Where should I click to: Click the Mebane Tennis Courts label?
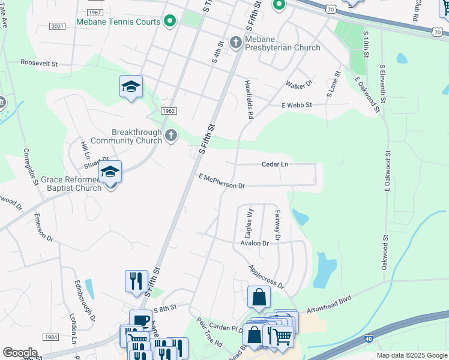point(118,22)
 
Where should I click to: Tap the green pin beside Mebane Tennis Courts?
point(170,22)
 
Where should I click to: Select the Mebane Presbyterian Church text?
point(281,43)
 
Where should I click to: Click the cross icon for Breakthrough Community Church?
point(171,136)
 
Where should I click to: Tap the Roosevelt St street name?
point(39,62)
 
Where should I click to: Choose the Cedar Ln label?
point(275,164)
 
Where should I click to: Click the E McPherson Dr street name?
point(221,181)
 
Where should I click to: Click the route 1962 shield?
point(169,111)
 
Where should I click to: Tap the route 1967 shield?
point(94,12)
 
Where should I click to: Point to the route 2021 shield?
point(58,26)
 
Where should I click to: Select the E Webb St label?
point(297,105)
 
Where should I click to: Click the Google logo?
point(20,353)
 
